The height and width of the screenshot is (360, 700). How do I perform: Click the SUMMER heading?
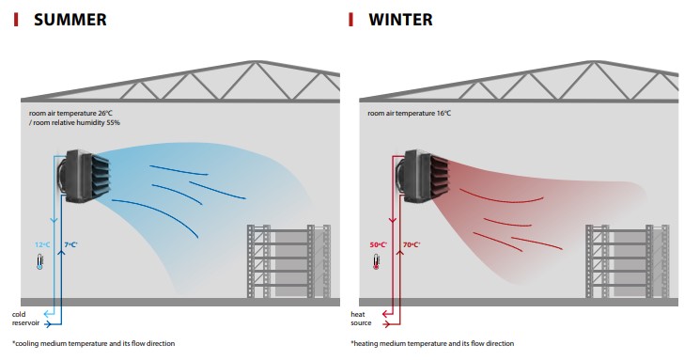(70, 20)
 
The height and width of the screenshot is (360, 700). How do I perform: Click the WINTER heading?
(400, 20)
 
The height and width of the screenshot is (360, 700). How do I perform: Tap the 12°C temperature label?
(42, 244)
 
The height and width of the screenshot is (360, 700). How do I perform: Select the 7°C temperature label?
(71, 244)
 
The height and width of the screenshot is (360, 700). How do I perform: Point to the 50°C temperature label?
(379, 244)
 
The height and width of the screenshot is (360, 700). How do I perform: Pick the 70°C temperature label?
(412, 244)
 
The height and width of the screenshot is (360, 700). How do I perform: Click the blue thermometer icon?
(39, 261)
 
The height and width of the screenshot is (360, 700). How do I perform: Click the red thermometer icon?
(376, 261)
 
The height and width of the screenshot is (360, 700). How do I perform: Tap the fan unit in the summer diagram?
(84, 176)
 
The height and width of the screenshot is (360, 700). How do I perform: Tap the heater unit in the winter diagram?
(422, 176)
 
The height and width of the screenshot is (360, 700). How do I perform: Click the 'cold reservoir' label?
(25, 319)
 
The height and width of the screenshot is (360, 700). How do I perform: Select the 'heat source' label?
(361, 319)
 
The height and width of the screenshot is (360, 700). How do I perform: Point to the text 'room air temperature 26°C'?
(70, 113)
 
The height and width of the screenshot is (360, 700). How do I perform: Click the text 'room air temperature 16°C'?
(410, 113)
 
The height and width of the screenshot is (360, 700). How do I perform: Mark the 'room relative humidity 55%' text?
(76, 122)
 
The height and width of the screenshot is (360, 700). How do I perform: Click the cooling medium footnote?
(93, 343)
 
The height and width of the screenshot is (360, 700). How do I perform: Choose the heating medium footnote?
(432, 343)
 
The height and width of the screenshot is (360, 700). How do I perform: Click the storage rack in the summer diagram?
(289, 261)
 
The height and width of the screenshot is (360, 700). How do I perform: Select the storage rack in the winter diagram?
(628, 261)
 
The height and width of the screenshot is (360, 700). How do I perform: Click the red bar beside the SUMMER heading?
(16, 20)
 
